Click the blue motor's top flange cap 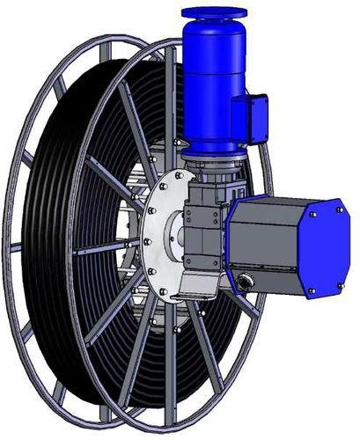click(215, 15)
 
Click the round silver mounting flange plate click(163, 236)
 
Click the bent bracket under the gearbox click(198, 283)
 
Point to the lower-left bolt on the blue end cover click(311, 290)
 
